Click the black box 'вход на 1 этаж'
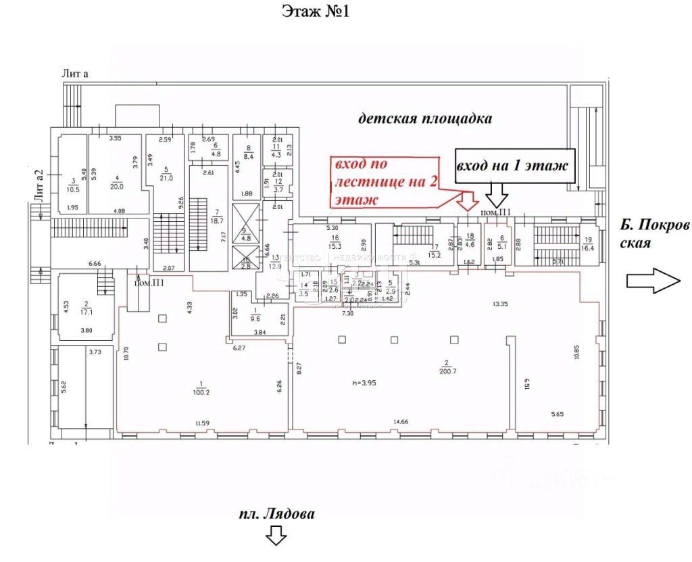coord(515,166)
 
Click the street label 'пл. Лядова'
coord(277,514)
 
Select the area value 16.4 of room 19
coord(588,248)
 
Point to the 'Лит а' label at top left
coord(74,74)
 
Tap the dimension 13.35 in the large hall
coord(501,305)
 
